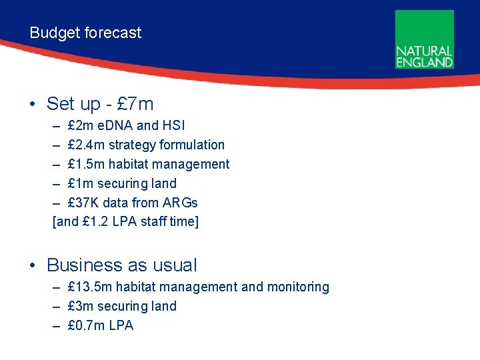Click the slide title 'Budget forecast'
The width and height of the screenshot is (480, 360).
pos(85,33)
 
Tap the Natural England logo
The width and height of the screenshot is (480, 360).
pos(424,39)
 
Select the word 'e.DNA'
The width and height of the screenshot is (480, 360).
pos(115,125)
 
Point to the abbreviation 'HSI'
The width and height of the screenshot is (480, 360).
pos(174,125)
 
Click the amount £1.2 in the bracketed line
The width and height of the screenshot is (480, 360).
pos(93,222)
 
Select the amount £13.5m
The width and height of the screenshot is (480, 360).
pos(89,287)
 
